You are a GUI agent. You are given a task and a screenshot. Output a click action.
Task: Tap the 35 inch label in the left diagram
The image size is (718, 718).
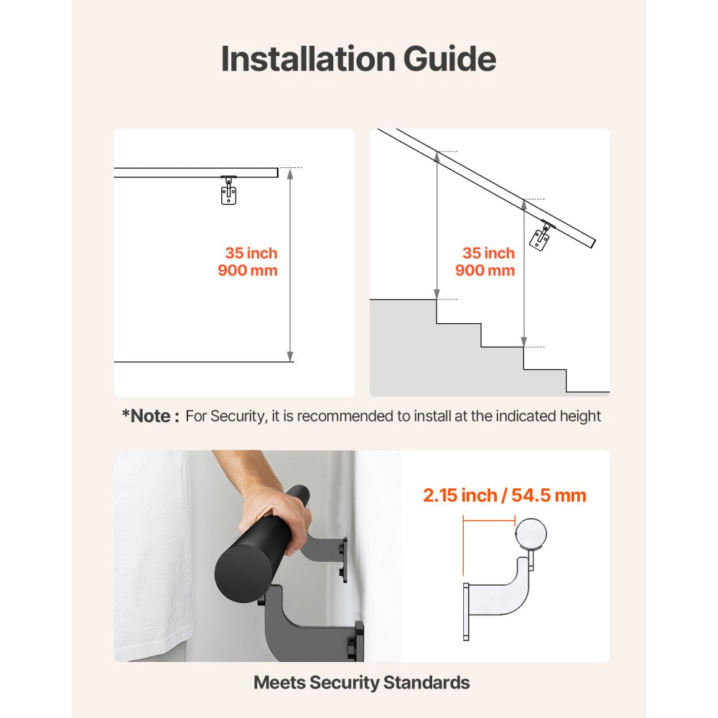pos(251,253)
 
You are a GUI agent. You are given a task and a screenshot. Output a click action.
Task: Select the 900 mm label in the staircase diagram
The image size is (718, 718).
pos(485,271)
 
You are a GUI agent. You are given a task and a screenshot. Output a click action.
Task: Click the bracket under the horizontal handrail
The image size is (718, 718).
pos(229,191)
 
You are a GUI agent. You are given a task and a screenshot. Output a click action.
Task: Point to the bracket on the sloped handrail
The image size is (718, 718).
pos(540,236)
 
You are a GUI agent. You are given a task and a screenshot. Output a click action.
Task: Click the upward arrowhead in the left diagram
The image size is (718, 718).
pos(290,173)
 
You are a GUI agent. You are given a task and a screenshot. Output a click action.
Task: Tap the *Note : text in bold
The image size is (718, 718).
pos(150,416)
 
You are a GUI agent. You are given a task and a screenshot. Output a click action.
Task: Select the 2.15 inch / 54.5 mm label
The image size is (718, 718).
pos(504,495)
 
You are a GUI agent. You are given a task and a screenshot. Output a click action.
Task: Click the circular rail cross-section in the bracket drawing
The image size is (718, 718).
pos(531,534)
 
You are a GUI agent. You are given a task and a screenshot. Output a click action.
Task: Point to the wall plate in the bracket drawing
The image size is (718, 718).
pos(466,611)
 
